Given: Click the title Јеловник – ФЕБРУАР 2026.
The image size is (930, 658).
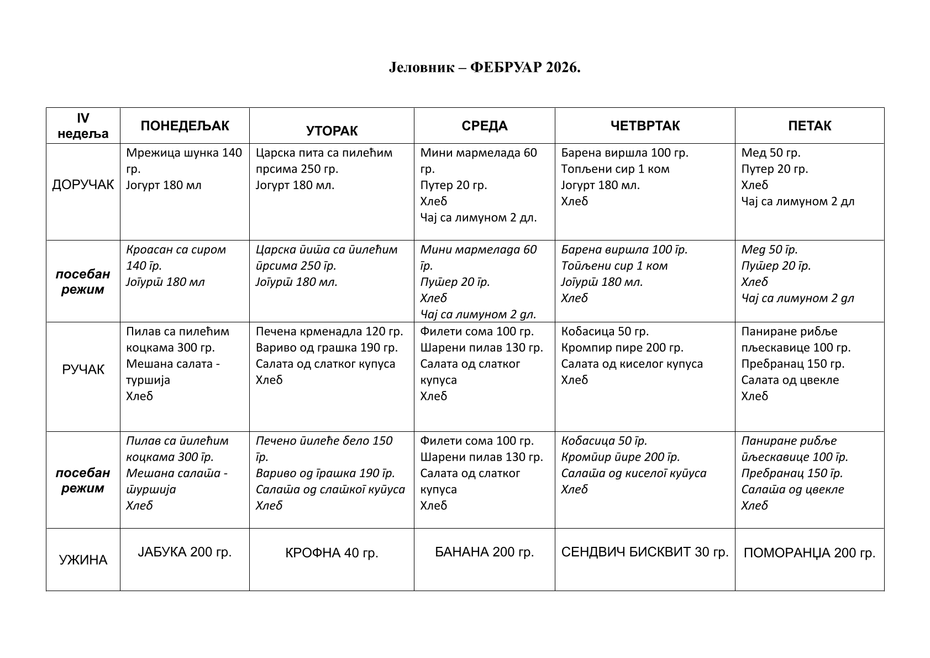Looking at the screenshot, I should coord(484,67).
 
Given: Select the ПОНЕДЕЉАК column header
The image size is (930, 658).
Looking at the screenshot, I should coord(185,126).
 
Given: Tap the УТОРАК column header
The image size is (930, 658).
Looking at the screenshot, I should coord(332,131).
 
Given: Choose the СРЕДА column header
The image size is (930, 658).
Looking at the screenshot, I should coord(484,126).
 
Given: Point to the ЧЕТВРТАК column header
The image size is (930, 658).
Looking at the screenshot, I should coord(645,126).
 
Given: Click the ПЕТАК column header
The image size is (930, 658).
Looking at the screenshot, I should coord(809,126).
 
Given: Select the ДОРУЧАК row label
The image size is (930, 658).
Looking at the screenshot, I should coord(83,185).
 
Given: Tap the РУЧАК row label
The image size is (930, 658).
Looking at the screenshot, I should coord(83,369).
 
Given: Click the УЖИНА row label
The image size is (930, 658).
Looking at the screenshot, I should coord(83,560).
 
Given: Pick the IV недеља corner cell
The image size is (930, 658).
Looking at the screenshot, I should coord(83,126).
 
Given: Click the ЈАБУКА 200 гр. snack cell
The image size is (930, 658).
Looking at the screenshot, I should coord(185,552).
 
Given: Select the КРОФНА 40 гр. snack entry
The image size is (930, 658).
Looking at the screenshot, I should coord(332,553).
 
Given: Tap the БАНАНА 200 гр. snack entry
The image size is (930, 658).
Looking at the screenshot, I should coord(484,552).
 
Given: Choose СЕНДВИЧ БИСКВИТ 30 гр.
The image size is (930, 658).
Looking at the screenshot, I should coord(645,552).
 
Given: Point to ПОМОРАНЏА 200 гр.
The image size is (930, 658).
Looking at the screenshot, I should coord(809,553).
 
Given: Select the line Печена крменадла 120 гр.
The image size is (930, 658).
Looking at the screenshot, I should coord(329,331).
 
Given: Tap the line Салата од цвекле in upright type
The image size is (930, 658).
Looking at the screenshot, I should coord(790,380).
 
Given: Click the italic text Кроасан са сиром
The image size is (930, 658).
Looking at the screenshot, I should coord(176,249).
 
